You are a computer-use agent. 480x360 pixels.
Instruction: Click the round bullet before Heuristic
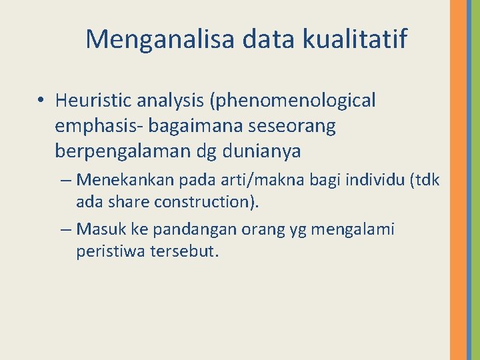(x=41, y=101)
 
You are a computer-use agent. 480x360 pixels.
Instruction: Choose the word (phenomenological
(x=293, y=101)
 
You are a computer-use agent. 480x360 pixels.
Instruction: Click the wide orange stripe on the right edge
(x=458, y=180)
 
